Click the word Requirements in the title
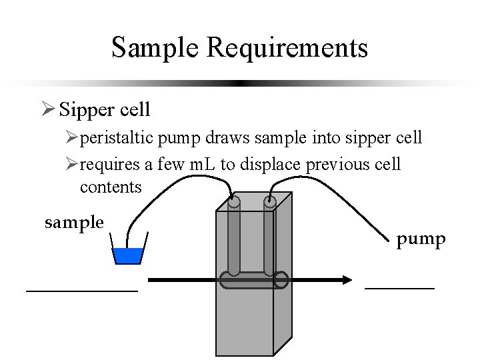288,48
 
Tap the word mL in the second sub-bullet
201,164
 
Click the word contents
111,187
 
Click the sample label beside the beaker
74,222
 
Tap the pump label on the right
421,239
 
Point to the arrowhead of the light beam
346,281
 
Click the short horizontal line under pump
399,288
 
